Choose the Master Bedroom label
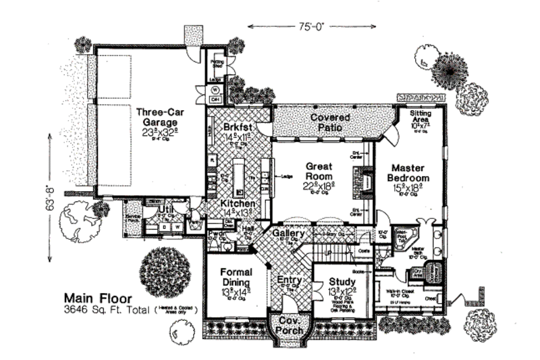408,173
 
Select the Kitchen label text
238,203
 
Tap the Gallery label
290,232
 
